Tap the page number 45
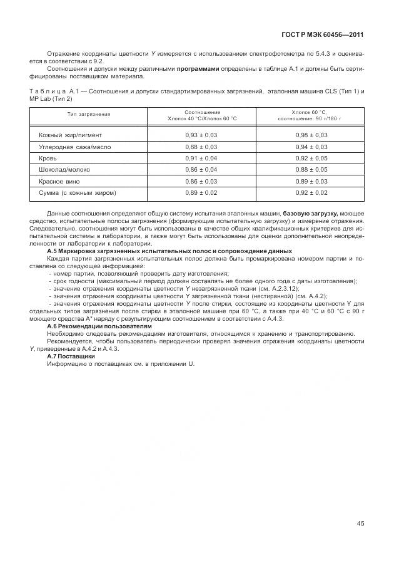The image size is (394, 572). click(360, 524)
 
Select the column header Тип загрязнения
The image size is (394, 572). click(89, 115)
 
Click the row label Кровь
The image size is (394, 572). click(48, 158)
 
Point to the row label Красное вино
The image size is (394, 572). click(59, 181)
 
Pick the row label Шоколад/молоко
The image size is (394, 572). click(64, 170)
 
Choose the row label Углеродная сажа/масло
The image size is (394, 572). click(71, 147)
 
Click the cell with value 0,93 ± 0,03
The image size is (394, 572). click(201, 135)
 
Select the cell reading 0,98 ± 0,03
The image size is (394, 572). click(311, 135)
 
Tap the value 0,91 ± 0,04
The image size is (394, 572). click(201, 158)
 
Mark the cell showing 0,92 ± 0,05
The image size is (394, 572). click(311, 158)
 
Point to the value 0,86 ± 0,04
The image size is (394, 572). click(201, 170)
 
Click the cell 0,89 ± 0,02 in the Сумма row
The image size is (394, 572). click(201, 192)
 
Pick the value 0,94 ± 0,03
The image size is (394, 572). click(311, 147)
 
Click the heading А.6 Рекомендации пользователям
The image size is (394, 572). click(99, 326)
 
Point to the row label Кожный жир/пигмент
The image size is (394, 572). click(71, 135)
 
